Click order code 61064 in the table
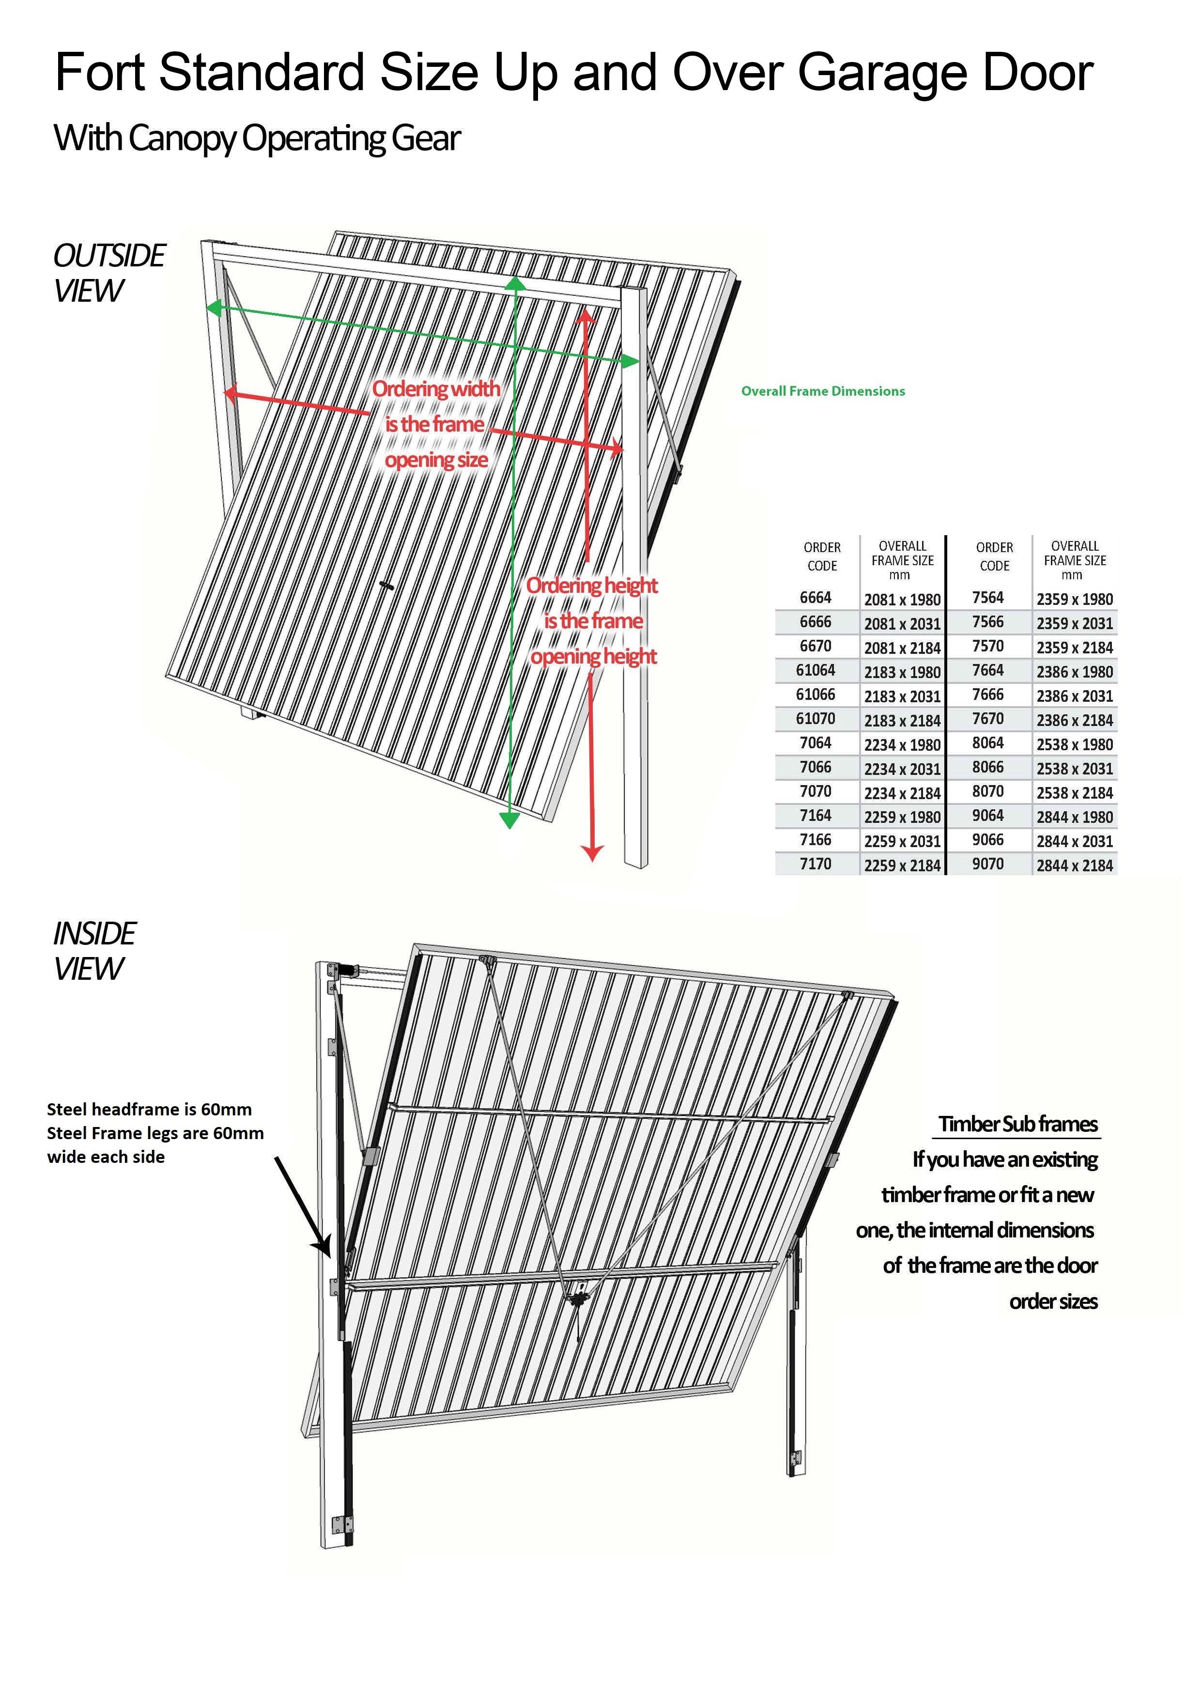[x=816, y=670]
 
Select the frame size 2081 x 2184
[x=902, y=648]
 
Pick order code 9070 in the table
[x=988, y=865]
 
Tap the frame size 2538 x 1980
[x=1075, y=744]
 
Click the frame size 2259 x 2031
[x=902, y=841]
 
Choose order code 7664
[x=988, y=670]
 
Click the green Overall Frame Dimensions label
[x=823, y=391]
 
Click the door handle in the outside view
[x=386, y=586]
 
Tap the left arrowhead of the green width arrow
[x=213, y=308]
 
